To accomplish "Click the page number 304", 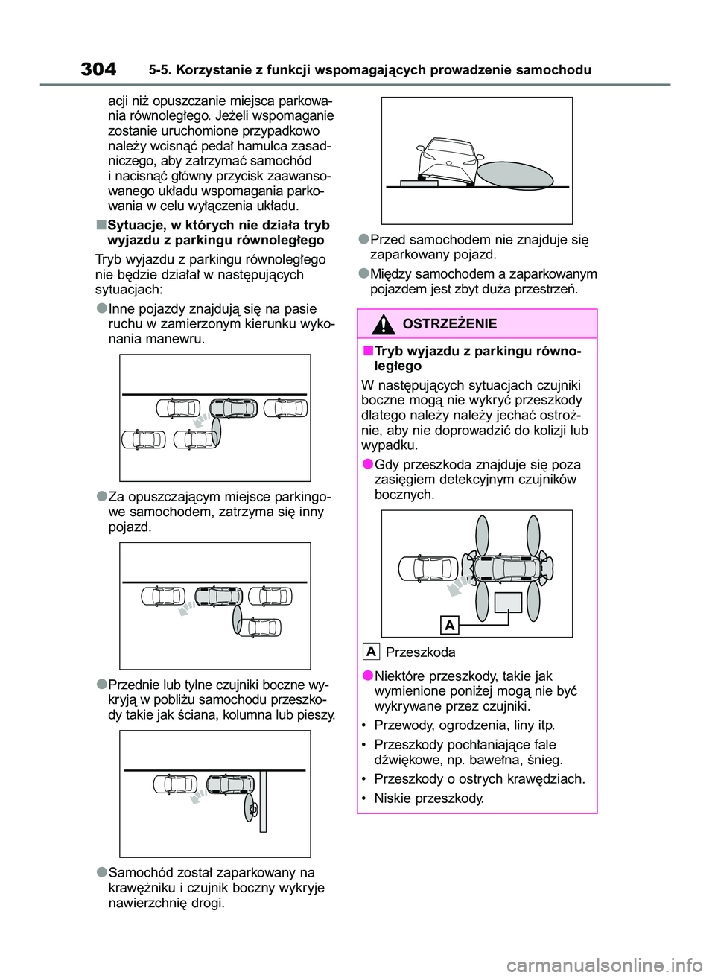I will (98, 69).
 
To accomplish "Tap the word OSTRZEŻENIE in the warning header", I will (449, 324).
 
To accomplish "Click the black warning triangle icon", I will (384, 325).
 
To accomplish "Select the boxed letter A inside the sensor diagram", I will (449, 625).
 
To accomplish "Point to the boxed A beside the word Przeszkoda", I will (371, 652).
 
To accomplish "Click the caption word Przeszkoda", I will (420, 652).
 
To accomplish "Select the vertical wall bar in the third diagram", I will (263, 801).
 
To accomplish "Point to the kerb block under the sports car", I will (419, 183).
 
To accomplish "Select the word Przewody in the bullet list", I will (402, 725).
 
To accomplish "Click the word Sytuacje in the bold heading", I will (136, 225).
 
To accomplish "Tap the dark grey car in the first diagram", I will (233, 408).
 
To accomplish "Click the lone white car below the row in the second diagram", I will (261, 627).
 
